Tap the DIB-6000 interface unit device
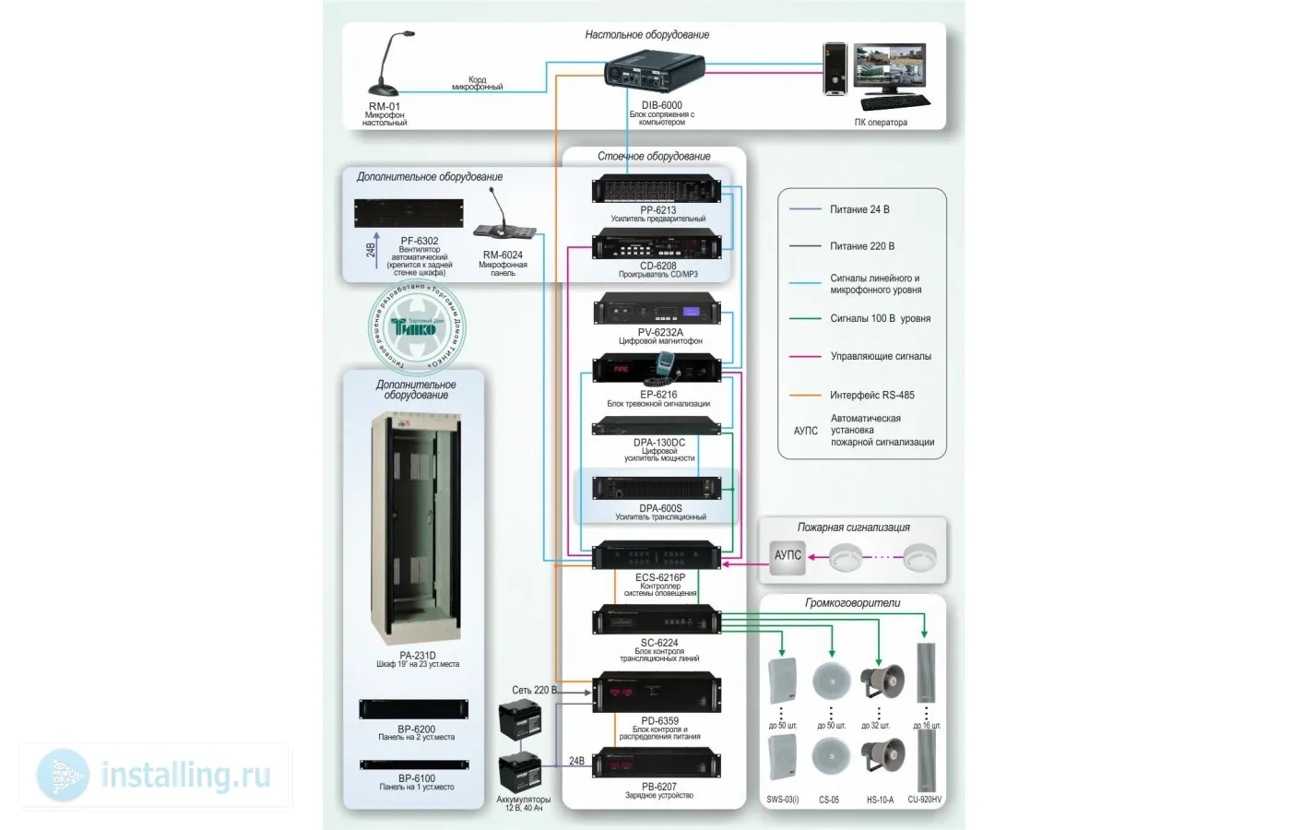click(655, 72)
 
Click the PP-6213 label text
click(658, 210)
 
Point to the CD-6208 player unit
click(657, 247)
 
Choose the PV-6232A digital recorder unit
click(657, 310)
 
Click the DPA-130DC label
click(659, 443)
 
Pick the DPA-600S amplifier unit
click(657, 488)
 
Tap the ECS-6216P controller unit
click(657, 556)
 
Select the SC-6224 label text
click(659, 643)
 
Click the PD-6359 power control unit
click(657, 693)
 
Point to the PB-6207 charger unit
click(657, 765)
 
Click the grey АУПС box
click(788, 555)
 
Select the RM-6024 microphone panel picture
click(503, 222)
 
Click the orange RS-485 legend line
click(805, 395)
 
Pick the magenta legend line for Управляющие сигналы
click(805, 356)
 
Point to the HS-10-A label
click(880, 800)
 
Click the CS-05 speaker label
click(829, 800)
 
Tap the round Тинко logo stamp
click(418, 326)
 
